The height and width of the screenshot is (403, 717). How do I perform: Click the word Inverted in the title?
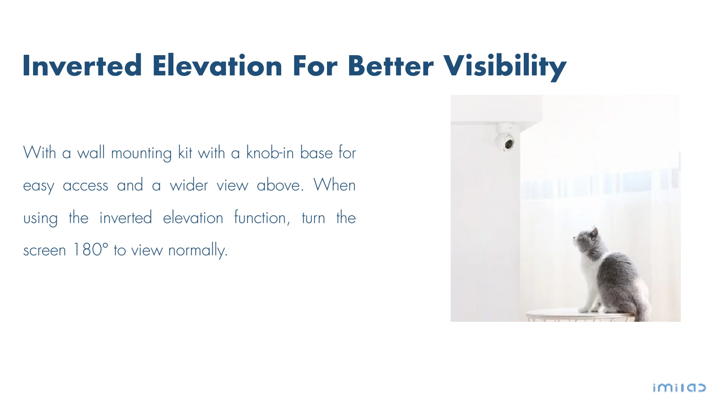coord(82,66)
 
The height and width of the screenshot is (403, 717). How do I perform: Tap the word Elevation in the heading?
coord(217,66)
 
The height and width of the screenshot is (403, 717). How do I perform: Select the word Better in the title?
coord(390,66)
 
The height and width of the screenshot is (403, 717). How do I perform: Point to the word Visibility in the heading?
coord(505,67)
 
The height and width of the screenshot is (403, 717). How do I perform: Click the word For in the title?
coord(315,66)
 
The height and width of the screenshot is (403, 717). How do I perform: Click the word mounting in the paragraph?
coord(141,154)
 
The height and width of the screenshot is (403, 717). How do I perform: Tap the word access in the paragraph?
coord(86,186)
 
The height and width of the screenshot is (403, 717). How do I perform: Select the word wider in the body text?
coord(189,185)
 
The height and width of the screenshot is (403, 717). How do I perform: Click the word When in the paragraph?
coord(334,185)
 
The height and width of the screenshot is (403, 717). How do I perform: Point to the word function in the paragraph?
coord(260,218)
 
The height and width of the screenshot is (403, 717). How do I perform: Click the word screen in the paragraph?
coord(45,251)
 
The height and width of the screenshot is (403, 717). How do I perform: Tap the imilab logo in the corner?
coord(679,388)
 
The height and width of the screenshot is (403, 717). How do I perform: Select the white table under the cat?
coord(581,315)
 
